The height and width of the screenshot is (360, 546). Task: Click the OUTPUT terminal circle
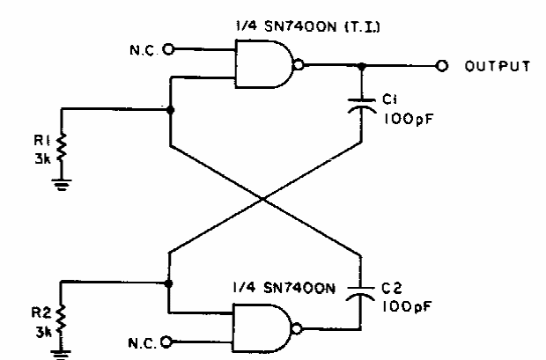[x=442, y=65]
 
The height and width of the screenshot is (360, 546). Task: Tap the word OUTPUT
[x=498, y=66]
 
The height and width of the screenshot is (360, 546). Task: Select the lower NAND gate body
[x=262, y=328]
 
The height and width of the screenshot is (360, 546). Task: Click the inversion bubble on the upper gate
[x=299, y=65]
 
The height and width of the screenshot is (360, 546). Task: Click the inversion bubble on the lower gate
[x=297, y=328]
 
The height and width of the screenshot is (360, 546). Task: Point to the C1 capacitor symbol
[x=362, y=106]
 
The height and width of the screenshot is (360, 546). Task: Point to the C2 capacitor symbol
[x=360, y=293]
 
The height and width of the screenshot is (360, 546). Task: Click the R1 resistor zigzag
[x=62, y=148]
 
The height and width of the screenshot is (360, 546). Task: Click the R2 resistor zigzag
[x=61, y=320]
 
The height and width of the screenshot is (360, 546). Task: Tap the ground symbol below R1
[x=62, y=185]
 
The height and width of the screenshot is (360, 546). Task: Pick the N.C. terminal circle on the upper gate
[x=168, y=49]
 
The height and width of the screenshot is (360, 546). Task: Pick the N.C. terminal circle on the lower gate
[x=166, y=342]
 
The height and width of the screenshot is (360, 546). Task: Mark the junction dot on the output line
[x=362, y=66]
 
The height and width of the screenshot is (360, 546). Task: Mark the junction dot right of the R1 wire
[x=170, y=110]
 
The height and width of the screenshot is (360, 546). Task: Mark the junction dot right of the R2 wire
[x=168, y=283]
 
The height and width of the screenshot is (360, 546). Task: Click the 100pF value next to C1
[x=409, y=120]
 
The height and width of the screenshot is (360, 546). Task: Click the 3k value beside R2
[x=43, y=333]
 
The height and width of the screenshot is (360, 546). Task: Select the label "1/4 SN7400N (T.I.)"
[x=308, y=26]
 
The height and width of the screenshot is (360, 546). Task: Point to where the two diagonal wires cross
[x=263, y=199]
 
